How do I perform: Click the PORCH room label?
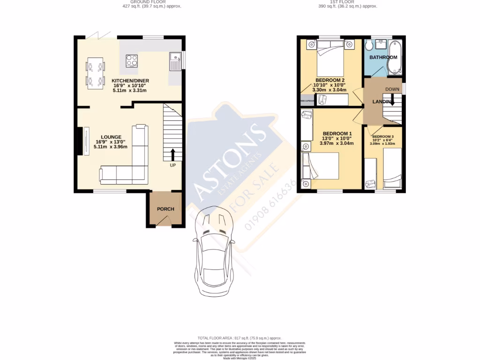point(165,209)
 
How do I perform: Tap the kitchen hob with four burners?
point(132,60)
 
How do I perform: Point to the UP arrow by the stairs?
point(172,155)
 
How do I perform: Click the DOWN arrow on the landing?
point(392,99)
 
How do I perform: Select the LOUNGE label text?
point(111,137)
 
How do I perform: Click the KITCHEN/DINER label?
point(130,81)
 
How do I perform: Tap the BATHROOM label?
point(383,57)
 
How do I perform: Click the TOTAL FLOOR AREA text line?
point(240,338)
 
